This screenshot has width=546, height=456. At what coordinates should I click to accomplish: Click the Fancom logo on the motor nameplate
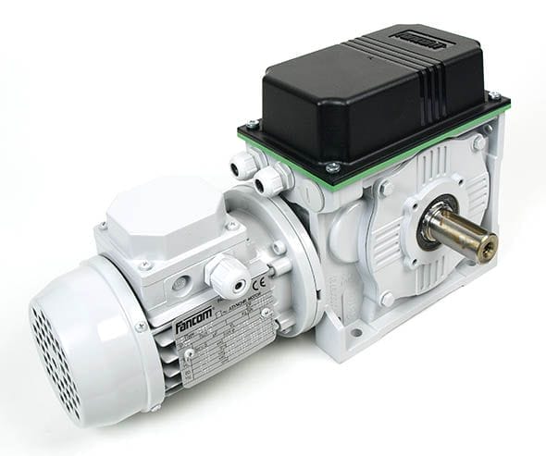(195, 320)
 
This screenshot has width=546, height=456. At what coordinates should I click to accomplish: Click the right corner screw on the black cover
(495, 95)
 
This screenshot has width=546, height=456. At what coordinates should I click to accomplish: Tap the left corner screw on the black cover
(252, 124)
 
